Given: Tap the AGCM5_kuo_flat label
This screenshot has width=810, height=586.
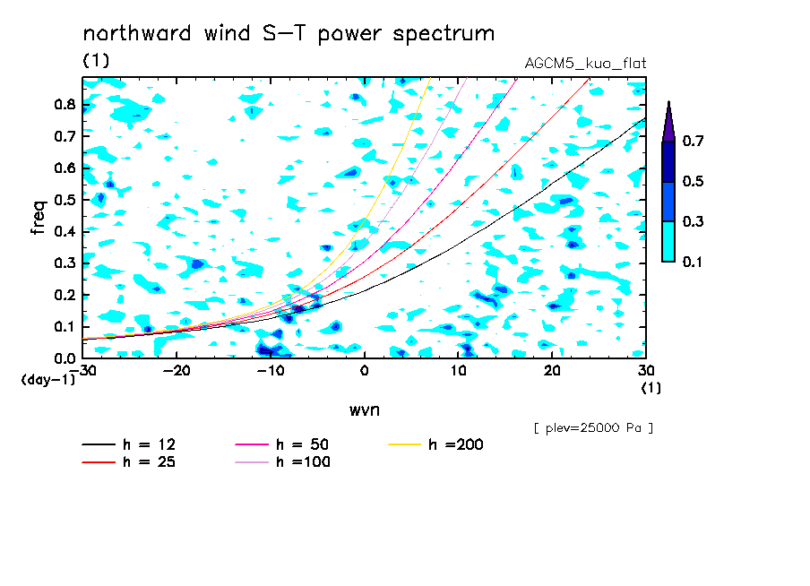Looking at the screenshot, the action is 585,63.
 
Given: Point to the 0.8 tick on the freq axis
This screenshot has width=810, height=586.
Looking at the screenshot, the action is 65,104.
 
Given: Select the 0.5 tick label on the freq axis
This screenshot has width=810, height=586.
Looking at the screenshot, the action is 65,200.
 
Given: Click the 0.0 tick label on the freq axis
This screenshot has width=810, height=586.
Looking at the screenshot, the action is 65,358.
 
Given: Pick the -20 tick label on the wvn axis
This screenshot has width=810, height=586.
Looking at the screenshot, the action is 177,371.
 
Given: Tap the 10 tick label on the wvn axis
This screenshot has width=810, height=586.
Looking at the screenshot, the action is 458,371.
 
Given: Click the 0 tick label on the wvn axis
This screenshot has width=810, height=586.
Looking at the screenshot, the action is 364,371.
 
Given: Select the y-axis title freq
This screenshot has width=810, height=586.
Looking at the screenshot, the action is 39,218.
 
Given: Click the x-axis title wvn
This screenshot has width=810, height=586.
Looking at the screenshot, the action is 365,410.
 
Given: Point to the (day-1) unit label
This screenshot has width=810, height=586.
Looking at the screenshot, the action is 48,380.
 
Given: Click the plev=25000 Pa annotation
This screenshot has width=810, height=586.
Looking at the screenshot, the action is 593,428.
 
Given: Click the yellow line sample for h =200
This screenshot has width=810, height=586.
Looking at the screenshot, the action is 405,444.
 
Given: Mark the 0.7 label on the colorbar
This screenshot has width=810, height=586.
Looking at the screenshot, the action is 693,141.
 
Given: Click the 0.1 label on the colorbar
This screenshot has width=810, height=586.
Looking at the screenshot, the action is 693,262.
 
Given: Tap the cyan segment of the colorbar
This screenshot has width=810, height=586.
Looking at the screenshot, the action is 668,242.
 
